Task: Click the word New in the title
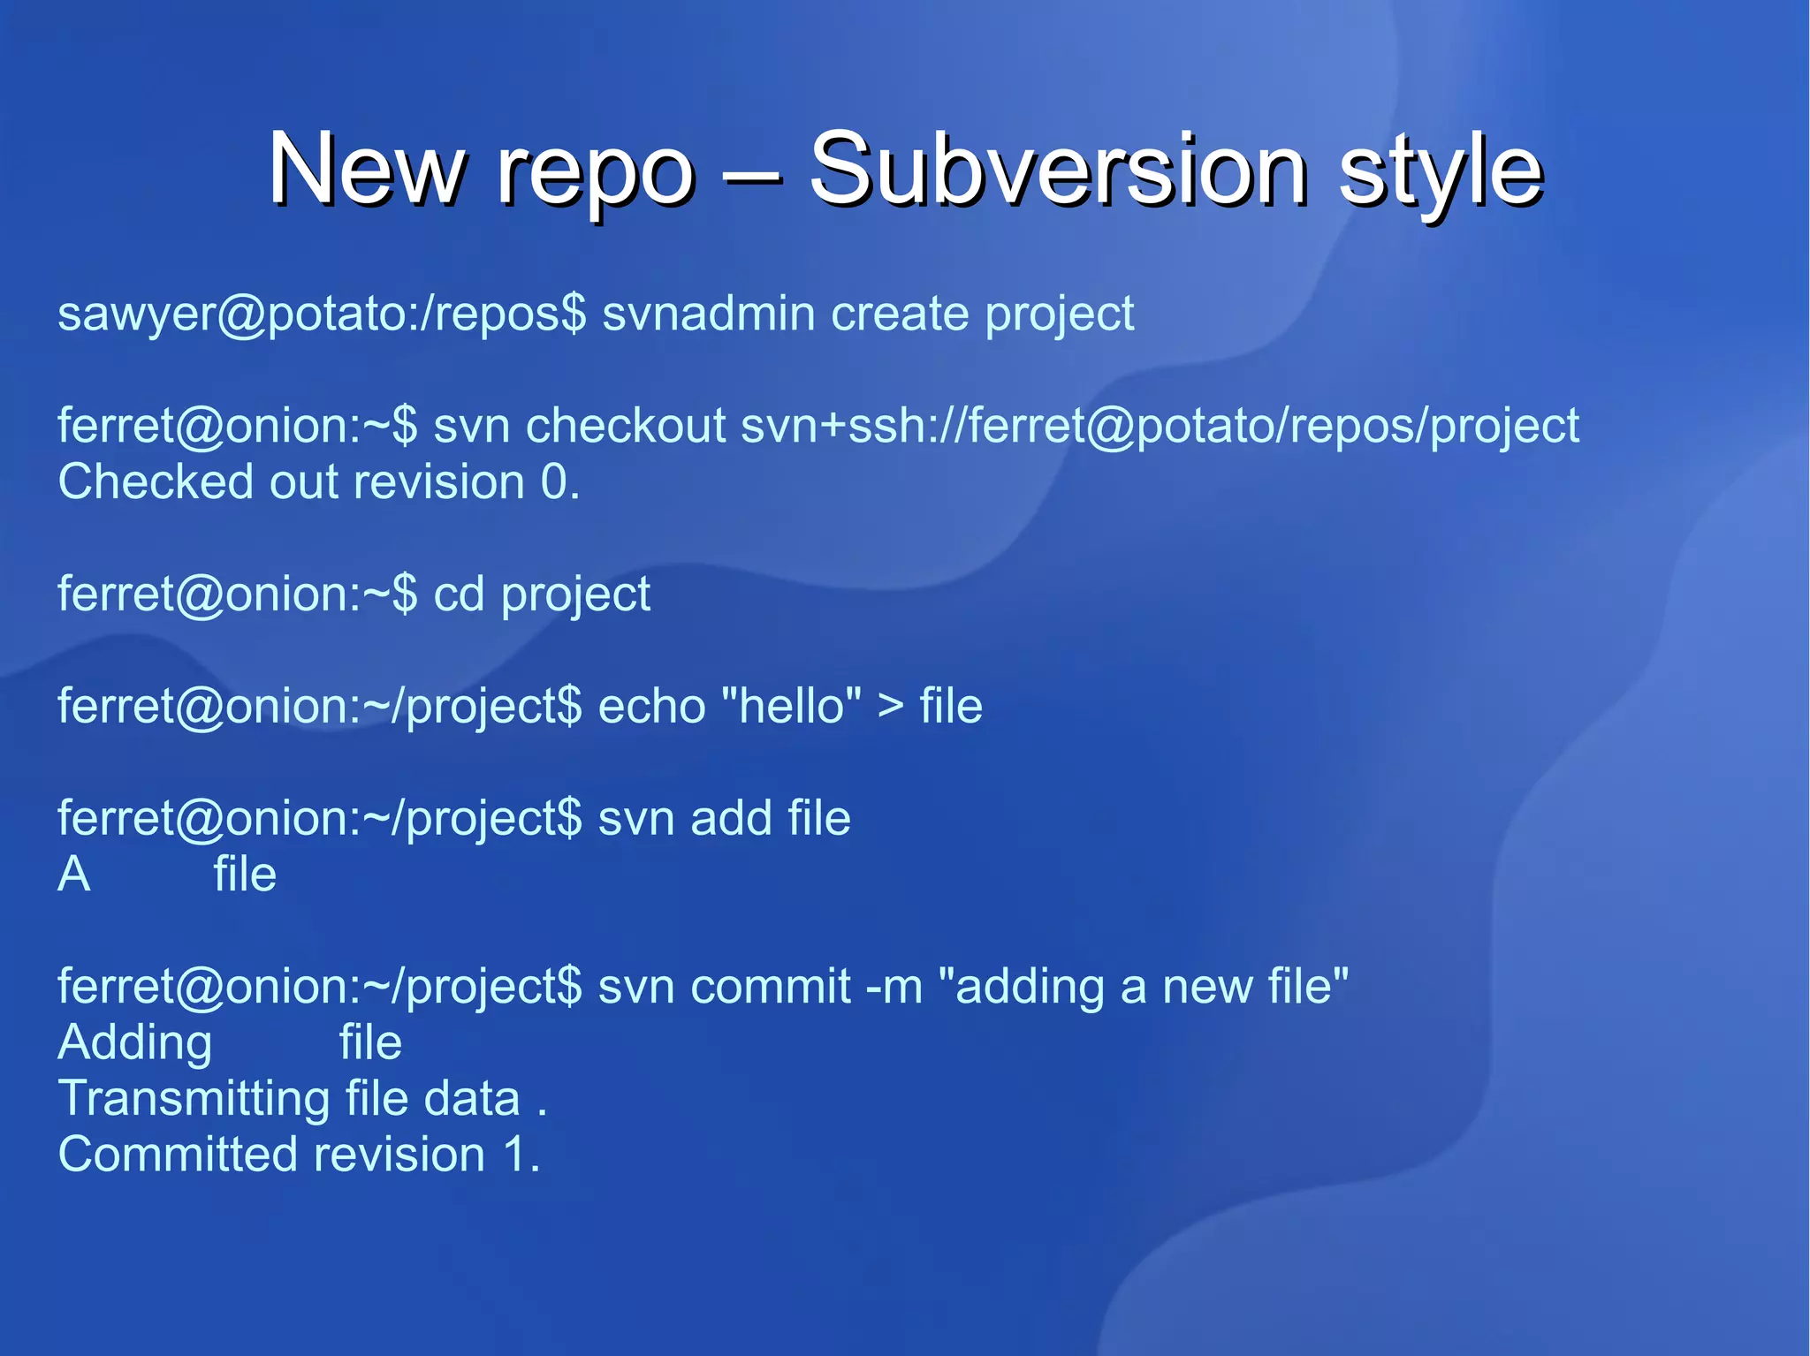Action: pos(366,168)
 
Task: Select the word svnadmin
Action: pos(708,314)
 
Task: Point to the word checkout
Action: pos(626,426)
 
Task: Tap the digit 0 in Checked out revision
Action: pos(554,482)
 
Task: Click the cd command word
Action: pos(459,595)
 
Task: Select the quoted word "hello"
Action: pos(791,706)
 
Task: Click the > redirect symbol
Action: pos(891,707)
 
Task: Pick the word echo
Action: pos(651,707)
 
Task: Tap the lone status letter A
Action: pos(74,875)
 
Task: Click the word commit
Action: pos(770,986)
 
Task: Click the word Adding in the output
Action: pos(134,1044)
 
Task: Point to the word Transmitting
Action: pos(194,1100)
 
